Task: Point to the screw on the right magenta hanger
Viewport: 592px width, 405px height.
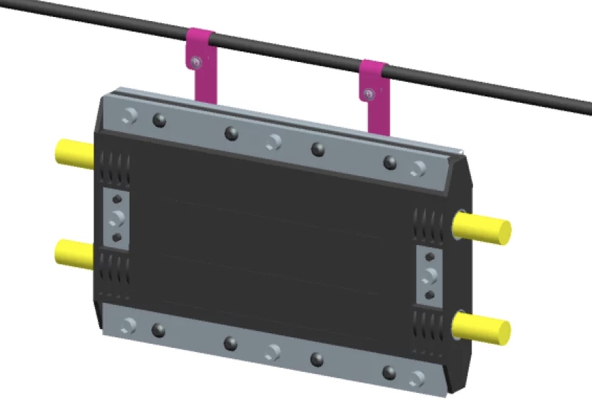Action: pos(369,93)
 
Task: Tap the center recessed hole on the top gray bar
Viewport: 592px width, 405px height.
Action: pos(273,142)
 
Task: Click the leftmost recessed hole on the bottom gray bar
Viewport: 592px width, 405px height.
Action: pos(128,325)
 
